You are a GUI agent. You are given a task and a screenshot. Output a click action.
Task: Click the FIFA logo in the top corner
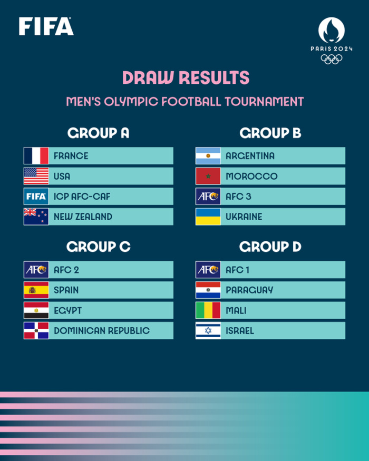(x=46, y=26)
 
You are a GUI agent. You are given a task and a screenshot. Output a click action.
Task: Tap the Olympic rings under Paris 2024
(x=332, y=58)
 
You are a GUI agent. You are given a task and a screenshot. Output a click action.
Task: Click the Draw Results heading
(x=186, y=78)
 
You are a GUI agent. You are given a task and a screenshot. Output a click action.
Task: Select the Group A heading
(x=98, y=133)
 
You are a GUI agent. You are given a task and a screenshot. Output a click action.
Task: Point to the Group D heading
(x=271, y=247)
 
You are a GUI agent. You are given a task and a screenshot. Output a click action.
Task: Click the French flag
(x=36, y=156)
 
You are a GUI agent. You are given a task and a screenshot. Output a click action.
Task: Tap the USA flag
(x=36, y=176)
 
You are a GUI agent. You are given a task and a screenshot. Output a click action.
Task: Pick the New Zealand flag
(x=36, y=217)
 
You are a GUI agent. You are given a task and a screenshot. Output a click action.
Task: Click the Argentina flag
(x=208, y=156)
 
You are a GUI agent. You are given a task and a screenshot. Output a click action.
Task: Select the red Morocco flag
(x=208, y=176)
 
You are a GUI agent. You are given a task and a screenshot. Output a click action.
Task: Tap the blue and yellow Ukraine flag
(x=208, y=217)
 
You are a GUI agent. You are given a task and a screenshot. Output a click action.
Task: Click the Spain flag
(x=36, y=290)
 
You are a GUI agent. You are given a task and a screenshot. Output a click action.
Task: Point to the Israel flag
(x=208, y=330)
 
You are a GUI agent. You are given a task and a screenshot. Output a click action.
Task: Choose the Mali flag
(x=208, y=310)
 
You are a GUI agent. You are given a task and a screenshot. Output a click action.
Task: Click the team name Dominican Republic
(x=102, y=331)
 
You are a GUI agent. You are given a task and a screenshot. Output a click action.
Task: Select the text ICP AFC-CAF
(x=82, y=197)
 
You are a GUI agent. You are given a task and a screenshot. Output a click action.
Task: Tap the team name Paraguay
(x=249, y=290)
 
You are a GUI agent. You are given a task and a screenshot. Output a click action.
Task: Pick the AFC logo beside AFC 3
(x=208, y=197)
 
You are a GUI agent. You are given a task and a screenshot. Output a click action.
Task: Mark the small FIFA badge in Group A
(x=36, y=197)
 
